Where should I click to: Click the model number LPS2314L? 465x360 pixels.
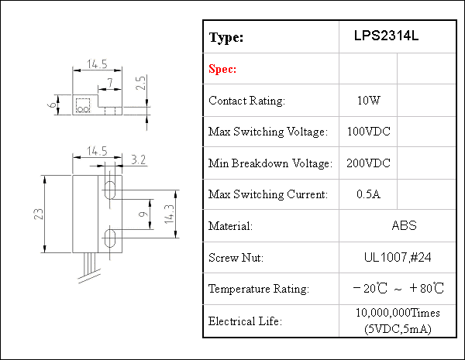[386, 36]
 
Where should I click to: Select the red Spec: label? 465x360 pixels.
[222, 69]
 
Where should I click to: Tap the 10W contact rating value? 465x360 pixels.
[368, 101]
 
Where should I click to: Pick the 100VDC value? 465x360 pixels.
[369, 132]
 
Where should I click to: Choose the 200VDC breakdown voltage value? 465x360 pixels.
[368, 163]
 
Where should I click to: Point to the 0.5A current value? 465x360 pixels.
[368, 194]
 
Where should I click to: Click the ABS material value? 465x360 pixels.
[404, 225]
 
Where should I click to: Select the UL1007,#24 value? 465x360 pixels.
[398, 257]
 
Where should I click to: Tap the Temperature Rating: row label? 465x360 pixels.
[259, 289]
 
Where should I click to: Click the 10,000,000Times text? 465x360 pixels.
[398, 313]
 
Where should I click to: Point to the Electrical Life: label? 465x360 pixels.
[245, 321]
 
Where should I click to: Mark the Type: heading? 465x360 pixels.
[226, 38]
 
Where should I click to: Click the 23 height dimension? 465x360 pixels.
[39, 214]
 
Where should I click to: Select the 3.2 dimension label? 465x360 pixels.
[138, 159]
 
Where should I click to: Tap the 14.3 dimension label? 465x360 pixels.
[169, 214]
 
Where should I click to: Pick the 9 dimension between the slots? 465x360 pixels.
[143, 214]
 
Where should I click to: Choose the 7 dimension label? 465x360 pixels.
[110, 83]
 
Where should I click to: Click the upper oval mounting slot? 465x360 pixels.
[110, 190]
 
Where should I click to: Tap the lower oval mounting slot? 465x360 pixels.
[110, 238]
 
